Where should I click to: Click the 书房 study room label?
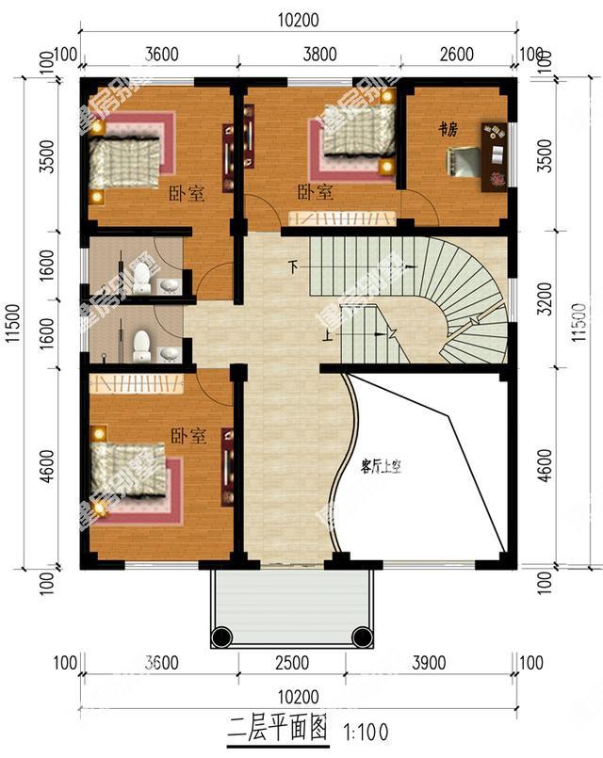[x=448, y=131]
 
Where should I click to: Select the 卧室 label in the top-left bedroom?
[x=187, y=195]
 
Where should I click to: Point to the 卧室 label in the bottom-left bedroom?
[x=188, y=436]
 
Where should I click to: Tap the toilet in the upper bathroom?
[x=141, y=276]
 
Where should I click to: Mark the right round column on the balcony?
[x=361, y=637]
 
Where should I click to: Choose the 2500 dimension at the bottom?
[x=292, y=663]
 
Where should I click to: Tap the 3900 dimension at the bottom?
[x=429, y=663]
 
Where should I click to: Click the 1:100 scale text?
[x=367, y=731]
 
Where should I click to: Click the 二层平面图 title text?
[x=278, y=728]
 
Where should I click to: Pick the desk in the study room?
[x=494, y=156]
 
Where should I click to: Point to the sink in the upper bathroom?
[x=169, y=285]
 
